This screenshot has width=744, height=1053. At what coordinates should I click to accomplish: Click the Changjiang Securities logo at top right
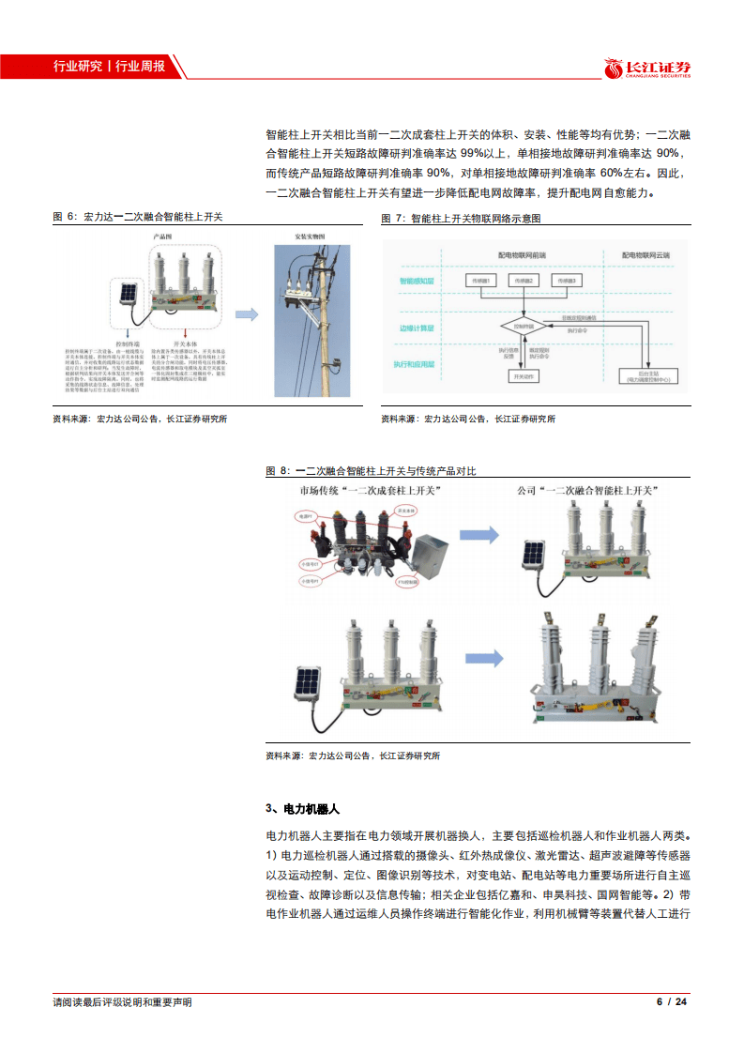(x=646, y=68)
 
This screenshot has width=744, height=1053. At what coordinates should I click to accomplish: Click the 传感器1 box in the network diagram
(x=481, y=280)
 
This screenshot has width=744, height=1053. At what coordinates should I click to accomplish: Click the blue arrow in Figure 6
(x=247, y=315)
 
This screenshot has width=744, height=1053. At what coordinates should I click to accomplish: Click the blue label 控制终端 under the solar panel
(x=126, y=344)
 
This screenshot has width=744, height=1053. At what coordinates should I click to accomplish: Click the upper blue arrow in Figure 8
(x=478, y=535)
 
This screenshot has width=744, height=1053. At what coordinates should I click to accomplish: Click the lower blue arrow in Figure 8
(x=487, y=660)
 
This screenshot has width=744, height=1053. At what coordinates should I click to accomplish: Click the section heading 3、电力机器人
(x=301, y=808)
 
